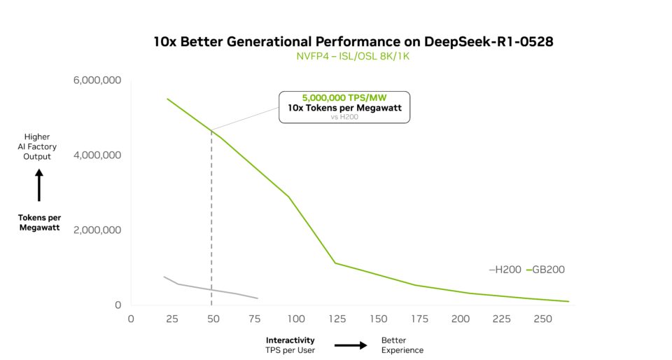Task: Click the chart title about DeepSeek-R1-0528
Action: tap(353, 41)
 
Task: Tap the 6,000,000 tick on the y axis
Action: tap(97, 81)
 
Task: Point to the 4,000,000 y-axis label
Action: tap(97, 155)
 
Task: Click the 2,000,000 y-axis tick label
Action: tap(97, 230)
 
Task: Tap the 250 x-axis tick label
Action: tap(542, 319)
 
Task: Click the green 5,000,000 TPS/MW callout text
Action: tap(344, 99)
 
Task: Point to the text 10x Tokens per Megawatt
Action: tap(344, 109)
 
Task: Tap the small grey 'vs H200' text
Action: tap(344, 118)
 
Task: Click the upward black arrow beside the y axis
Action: tap(38, 185)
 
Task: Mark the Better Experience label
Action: tap(402, 345)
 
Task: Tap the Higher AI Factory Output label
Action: tap(38, 146)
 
